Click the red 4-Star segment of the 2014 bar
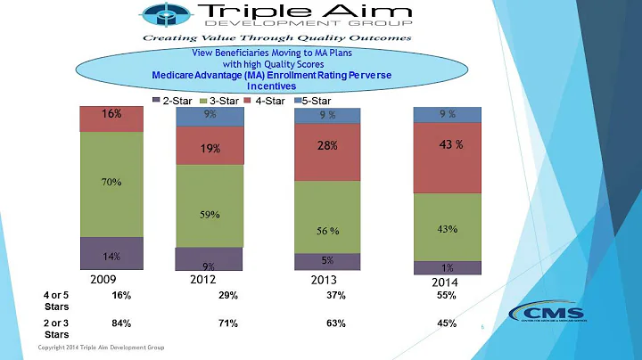pyautogui.click(x=447, y=158)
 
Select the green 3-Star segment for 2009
pyautogui.click(x=111, y=184)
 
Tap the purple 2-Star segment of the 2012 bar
pyautogui.click(x=209, y=259)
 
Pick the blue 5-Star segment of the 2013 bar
pyautogui.click(x=328, y=116)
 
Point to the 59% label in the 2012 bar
pyautogui.click(x=210, y=215)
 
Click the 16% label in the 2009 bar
pyautogui.click(x=111, y=115)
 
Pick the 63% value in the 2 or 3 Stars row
pyautogui.click(x=335, y=323)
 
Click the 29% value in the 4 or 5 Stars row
pyautogui.click(x=227, y=296)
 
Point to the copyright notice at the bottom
pyautogui.click(x=100, y=347)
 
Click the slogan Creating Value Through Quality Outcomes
pyautogui.click(x=274, y=38)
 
